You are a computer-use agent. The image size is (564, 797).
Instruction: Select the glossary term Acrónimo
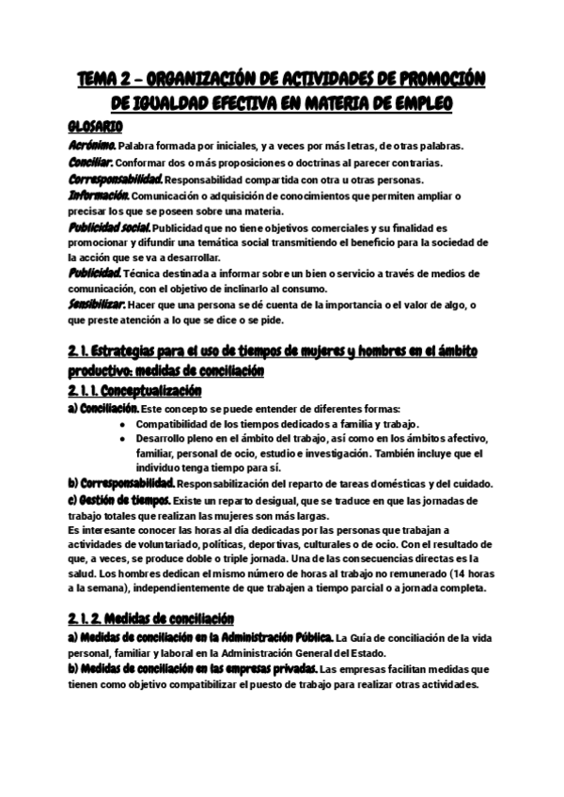pyautogui.click(x=92, y=146)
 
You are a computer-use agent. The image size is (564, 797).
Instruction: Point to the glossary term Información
pyautogui.click(x=99, y=196)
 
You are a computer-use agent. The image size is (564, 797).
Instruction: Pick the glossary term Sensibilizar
pyautogui.click(x=99, y=305)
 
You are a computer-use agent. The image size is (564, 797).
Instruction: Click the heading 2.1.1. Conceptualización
pyautogui.click(x=136, y=390)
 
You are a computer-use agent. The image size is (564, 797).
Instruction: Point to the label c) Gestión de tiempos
pyautogui.click(x=117, y=500)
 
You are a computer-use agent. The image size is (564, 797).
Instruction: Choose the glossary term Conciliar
pyautogui.click(x=90, y=163)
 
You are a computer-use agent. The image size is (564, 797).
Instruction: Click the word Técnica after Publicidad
pyautogui.click(x=141, y=273)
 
